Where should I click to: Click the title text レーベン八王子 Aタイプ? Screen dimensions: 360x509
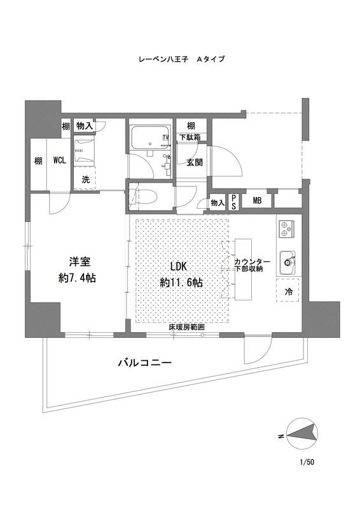[x=181, y=59]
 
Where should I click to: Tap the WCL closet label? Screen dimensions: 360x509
[x=59, y=160]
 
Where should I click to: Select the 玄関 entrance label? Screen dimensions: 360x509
[x=195, y=162]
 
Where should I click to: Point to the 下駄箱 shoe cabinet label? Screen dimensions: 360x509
[x=191, y=137]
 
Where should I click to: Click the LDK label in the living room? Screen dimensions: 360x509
[x=178, y=267]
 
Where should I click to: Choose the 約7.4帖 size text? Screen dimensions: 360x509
[x=77, y=278]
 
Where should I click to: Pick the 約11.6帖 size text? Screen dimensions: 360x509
[x=181, y=282]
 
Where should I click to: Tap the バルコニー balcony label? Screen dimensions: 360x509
[x=144, y=362]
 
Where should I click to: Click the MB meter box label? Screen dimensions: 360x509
[x=257, y=201]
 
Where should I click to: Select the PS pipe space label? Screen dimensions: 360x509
[x=233, y=202]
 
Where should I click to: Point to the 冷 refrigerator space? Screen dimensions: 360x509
[x=289, y=291]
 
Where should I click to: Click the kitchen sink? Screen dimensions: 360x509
[x=287, y=263]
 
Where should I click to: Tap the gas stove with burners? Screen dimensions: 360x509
[x=286, y=228]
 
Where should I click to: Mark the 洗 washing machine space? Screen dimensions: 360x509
[x=85, y=178]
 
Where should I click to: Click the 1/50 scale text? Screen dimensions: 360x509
[x=307, y=462]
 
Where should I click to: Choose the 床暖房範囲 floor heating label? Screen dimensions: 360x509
[x=187, y=327]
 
